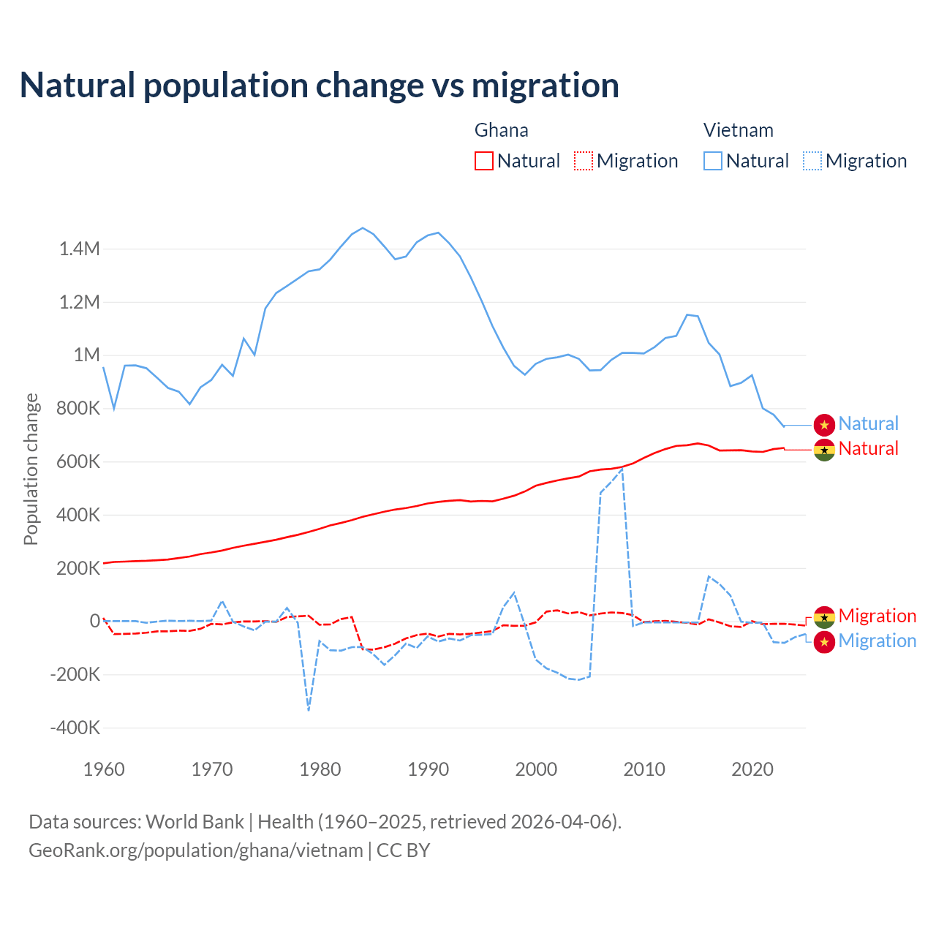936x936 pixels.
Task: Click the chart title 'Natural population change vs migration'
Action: coord(320,86)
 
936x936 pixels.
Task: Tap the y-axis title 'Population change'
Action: coord(31,469)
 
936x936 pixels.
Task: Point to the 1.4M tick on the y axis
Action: coord(80,249)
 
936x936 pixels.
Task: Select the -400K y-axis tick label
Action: coord(75,728)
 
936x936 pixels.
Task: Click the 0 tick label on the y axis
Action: coord(94,622)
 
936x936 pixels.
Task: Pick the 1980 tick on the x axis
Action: coord(320,769)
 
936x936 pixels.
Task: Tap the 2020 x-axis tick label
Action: coord(752,769)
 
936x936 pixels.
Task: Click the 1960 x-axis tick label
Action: coord(105,769)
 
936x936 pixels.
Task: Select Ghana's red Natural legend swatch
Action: coord(483,161)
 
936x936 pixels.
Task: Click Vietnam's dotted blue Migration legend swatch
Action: coord(812,161)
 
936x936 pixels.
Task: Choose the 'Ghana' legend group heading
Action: coord(501,130)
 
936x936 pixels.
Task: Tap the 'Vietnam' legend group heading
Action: coord(738,130)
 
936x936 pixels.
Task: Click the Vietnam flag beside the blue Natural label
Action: coord(824,425)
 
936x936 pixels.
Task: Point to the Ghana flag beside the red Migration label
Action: coord(824,617)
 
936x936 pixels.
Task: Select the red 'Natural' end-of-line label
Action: coord(868,448)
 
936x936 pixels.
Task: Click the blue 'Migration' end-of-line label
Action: coord(877,641)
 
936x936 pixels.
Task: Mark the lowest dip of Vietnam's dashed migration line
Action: coord(309,709)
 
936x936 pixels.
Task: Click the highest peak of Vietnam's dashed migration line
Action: coord(622,469)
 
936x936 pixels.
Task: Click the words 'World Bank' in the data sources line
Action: coord(195,822)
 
